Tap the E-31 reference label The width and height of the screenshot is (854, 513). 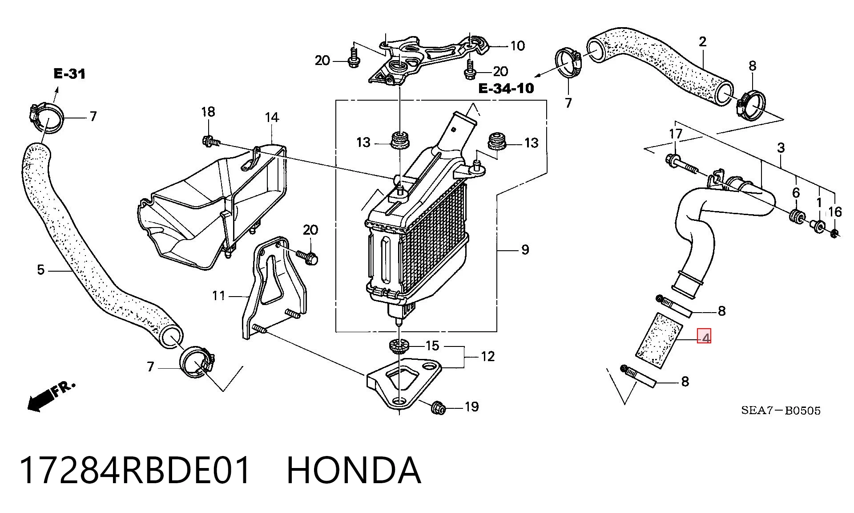[x=69, y=74]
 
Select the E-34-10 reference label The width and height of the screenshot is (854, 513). [x=506, y=88]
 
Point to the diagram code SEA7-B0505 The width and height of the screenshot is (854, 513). [x=781, y=410]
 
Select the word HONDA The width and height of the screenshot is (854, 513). [x=354, y=470]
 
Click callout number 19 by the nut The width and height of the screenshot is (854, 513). [x=471, y=407]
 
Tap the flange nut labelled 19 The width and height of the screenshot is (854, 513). [x=438, y=407]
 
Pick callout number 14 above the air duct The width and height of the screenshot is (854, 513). [x=272, y=118]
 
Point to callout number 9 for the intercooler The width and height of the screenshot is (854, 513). [x=525, y=249]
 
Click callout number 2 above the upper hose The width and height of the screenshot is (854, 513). [x=702, y=42]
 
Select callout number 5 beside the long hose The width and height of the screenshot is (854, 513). [x=41, y=270]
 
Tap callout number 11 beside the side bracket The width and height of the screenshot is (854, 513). [x=218, y=296]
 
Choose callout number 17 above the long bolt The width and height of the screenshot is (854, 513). [x=676, y=134]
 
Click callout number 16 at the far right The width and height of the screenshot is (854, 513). [x=835, y=212]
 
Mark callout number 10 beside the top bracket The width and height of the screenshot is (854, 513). [x=517, y=45]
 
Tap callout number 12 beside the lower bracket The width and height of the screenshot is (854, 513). [x=488, y=356]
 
